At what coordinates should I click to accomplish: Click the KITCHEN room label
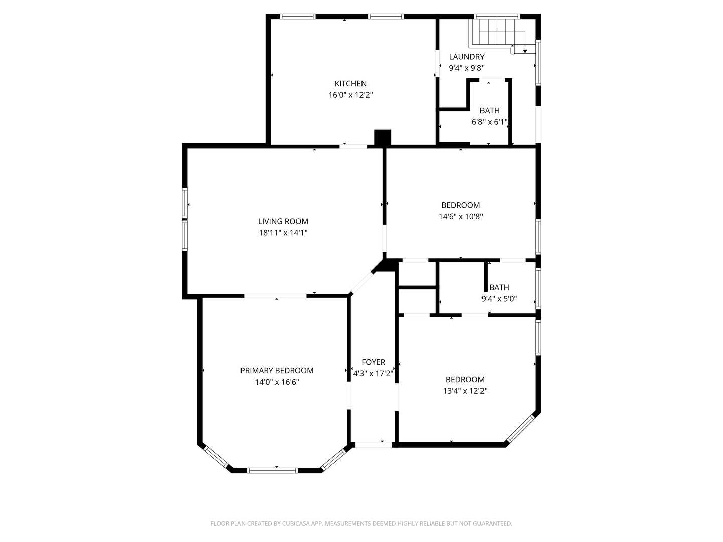[x=350, y=84]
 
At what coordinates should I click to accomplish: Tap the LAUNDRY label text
[x=467, y=57]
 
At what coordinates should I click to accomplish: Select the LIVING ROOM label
[x=283, y=221]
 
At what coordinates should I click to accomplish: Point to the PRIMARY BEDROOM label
[x=277, y=370]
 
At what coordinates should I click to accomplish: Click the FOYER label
[x=373, y=362]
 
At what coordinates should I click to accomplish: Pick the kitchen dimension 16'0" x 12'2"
[x=350, y=95]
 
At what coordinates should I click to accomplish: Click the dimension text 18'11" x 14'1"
[x=283, y=233]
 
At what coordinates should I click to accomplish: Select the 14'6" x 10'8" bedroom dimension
[x=461, y=216]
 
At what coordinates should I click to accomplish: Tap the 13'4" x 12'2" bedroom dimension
[x=465, y=391]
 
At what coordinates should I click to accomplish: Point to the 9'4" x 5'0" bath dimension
[x=499, y=299]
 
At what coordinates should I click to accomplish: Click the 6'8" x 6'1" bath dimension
[x=490, y=122]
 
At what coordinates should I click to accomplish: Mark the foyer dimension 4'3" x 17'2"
[x=373, y=373]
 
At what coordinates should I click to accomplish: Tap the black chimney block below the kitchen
[x=383, y=137]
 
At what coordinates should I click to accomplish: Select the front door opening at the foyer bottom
[x=374, y=445]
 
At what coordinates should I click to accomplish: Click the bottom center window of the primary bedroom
[x=273, y=471]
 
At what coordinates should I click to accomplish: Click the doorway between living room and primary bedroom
[x=275, y=296]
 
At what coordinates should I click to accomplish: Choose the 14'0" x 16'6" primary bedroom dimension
[x=277, y=382]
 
